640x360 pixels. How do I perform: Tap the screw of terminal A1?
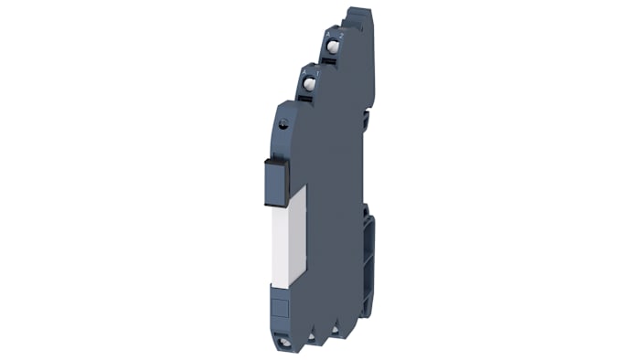coord(309,84)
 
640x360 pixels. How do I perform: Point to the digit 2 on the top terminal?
coord(341,34)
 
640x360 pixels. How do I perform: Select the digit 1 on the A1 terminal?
coord(317,71)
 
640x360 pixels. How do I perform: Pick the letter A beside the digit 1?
coord(305,72)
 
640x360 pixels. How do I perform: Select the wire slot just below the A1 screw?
coord(310,96)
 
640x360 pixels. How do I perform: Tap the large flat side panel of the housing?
coord(334,183)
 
